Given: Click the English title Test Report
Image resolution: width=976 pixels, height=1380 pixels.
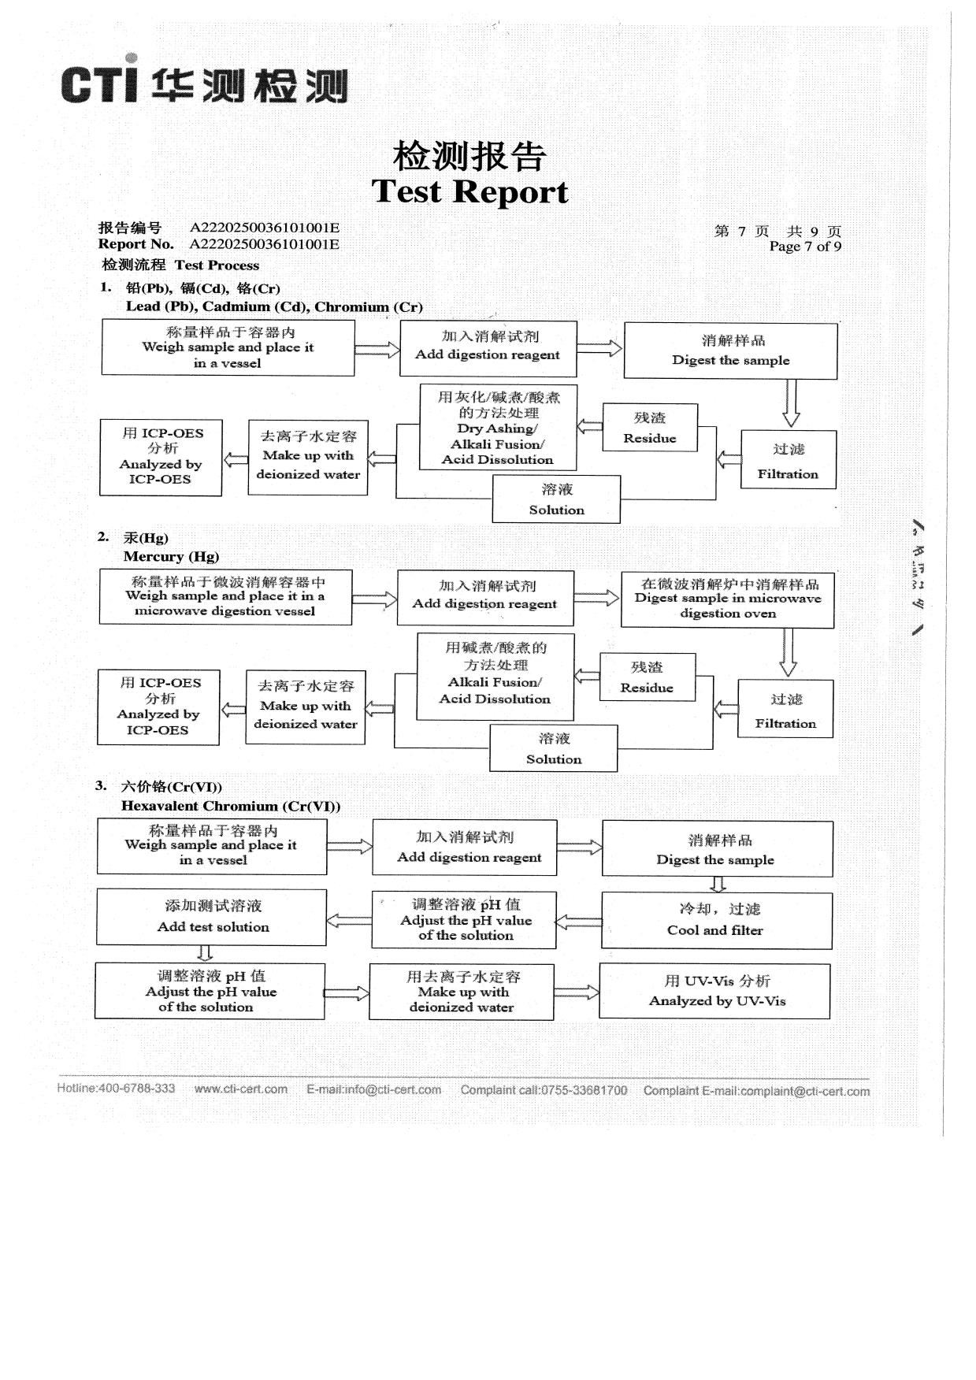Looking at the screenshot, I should pyautogui.click(x=469, y=191).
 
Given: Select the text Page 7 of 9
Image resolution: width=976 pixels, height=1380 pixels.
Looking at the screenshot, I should pyautogui.click(x=804, y=247).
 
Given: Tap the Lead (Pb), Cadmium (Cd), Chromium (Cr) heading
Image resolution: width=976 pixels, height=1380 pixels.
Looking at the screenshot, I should pyautogui.click(x=273, y=306).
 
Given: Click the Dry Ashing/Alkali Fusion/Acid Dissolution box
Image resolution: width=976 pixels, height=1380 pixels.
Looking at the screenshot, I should pyautogui.click(x=498, y=428).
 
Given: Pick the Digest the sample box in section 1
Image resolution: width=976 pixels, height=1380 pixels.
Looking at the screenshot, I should pyautogui.click(x=730, y=351).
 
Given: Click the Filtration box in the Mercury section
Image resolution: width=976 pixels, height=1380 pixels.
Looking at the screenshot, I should pyautogui.click(x=785, y=709).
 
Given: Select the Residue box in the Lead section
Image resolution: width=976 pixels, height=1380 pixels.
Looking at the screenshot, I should pyautogui.click(x=650, y=428).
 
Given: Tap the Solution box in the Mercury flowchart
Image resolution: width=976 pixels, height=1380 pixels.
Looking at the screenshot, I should pyautogui.click(x=554, y=748).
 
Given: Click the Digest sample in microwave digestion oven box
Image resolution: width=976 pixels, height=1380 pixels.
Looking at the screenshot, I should pyautogui.click(x=727, y=599).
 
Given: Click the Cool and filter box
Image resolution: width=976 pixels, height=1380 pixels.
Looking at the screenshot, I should pyautogui.click(x=716, y=920).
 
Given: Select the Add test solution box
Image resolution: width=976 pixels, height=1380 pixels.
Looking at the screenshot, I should pyautogui.click(x=212, y=917).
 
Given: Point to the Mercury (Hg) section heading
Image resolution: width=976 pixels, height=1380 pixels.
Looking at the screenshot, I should pyautogui.click(x=171, y=556).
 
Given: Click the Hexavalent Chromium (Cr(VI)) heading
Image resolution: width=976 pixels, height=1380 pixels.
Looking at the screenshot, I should pyautogui.click(x=231, y=806).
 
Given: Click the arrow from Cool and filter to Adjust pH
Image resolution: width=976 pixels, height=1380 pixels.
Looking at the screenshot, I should pyautogui.click(x=578, y=921).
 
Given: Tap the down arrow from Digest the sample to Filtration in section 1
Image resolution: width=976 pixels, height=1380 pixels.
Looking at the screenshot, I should pyautogui.click(x=791, y=402).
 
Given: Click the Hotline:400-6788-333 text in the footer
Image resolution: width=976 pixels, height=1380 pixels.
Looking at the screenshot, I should pyautogui.click(x=116, y=1089).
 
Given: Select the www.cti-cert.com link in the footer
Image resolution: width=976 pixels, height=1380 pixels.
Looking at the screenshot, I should pyautogui.click(x=240, y=1089).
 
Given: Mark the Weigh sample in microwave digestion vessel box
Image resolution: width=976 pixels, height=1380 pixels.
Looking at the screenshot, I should pyautogui.click(x=225, y=597).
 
